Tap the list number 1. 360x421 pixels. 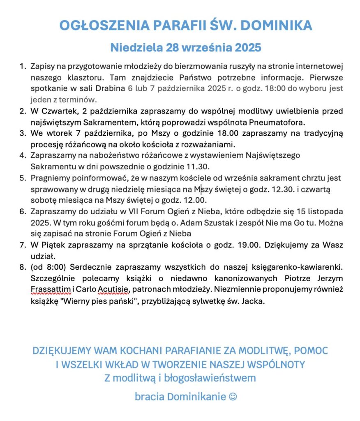click(x=22, y=66)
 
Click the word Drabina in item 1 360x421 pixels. click(x=110, y=88)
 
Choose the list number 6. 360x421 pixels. click(x=22, y=211)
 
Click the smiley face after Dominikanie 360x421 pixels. click(x=233, y=397)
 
